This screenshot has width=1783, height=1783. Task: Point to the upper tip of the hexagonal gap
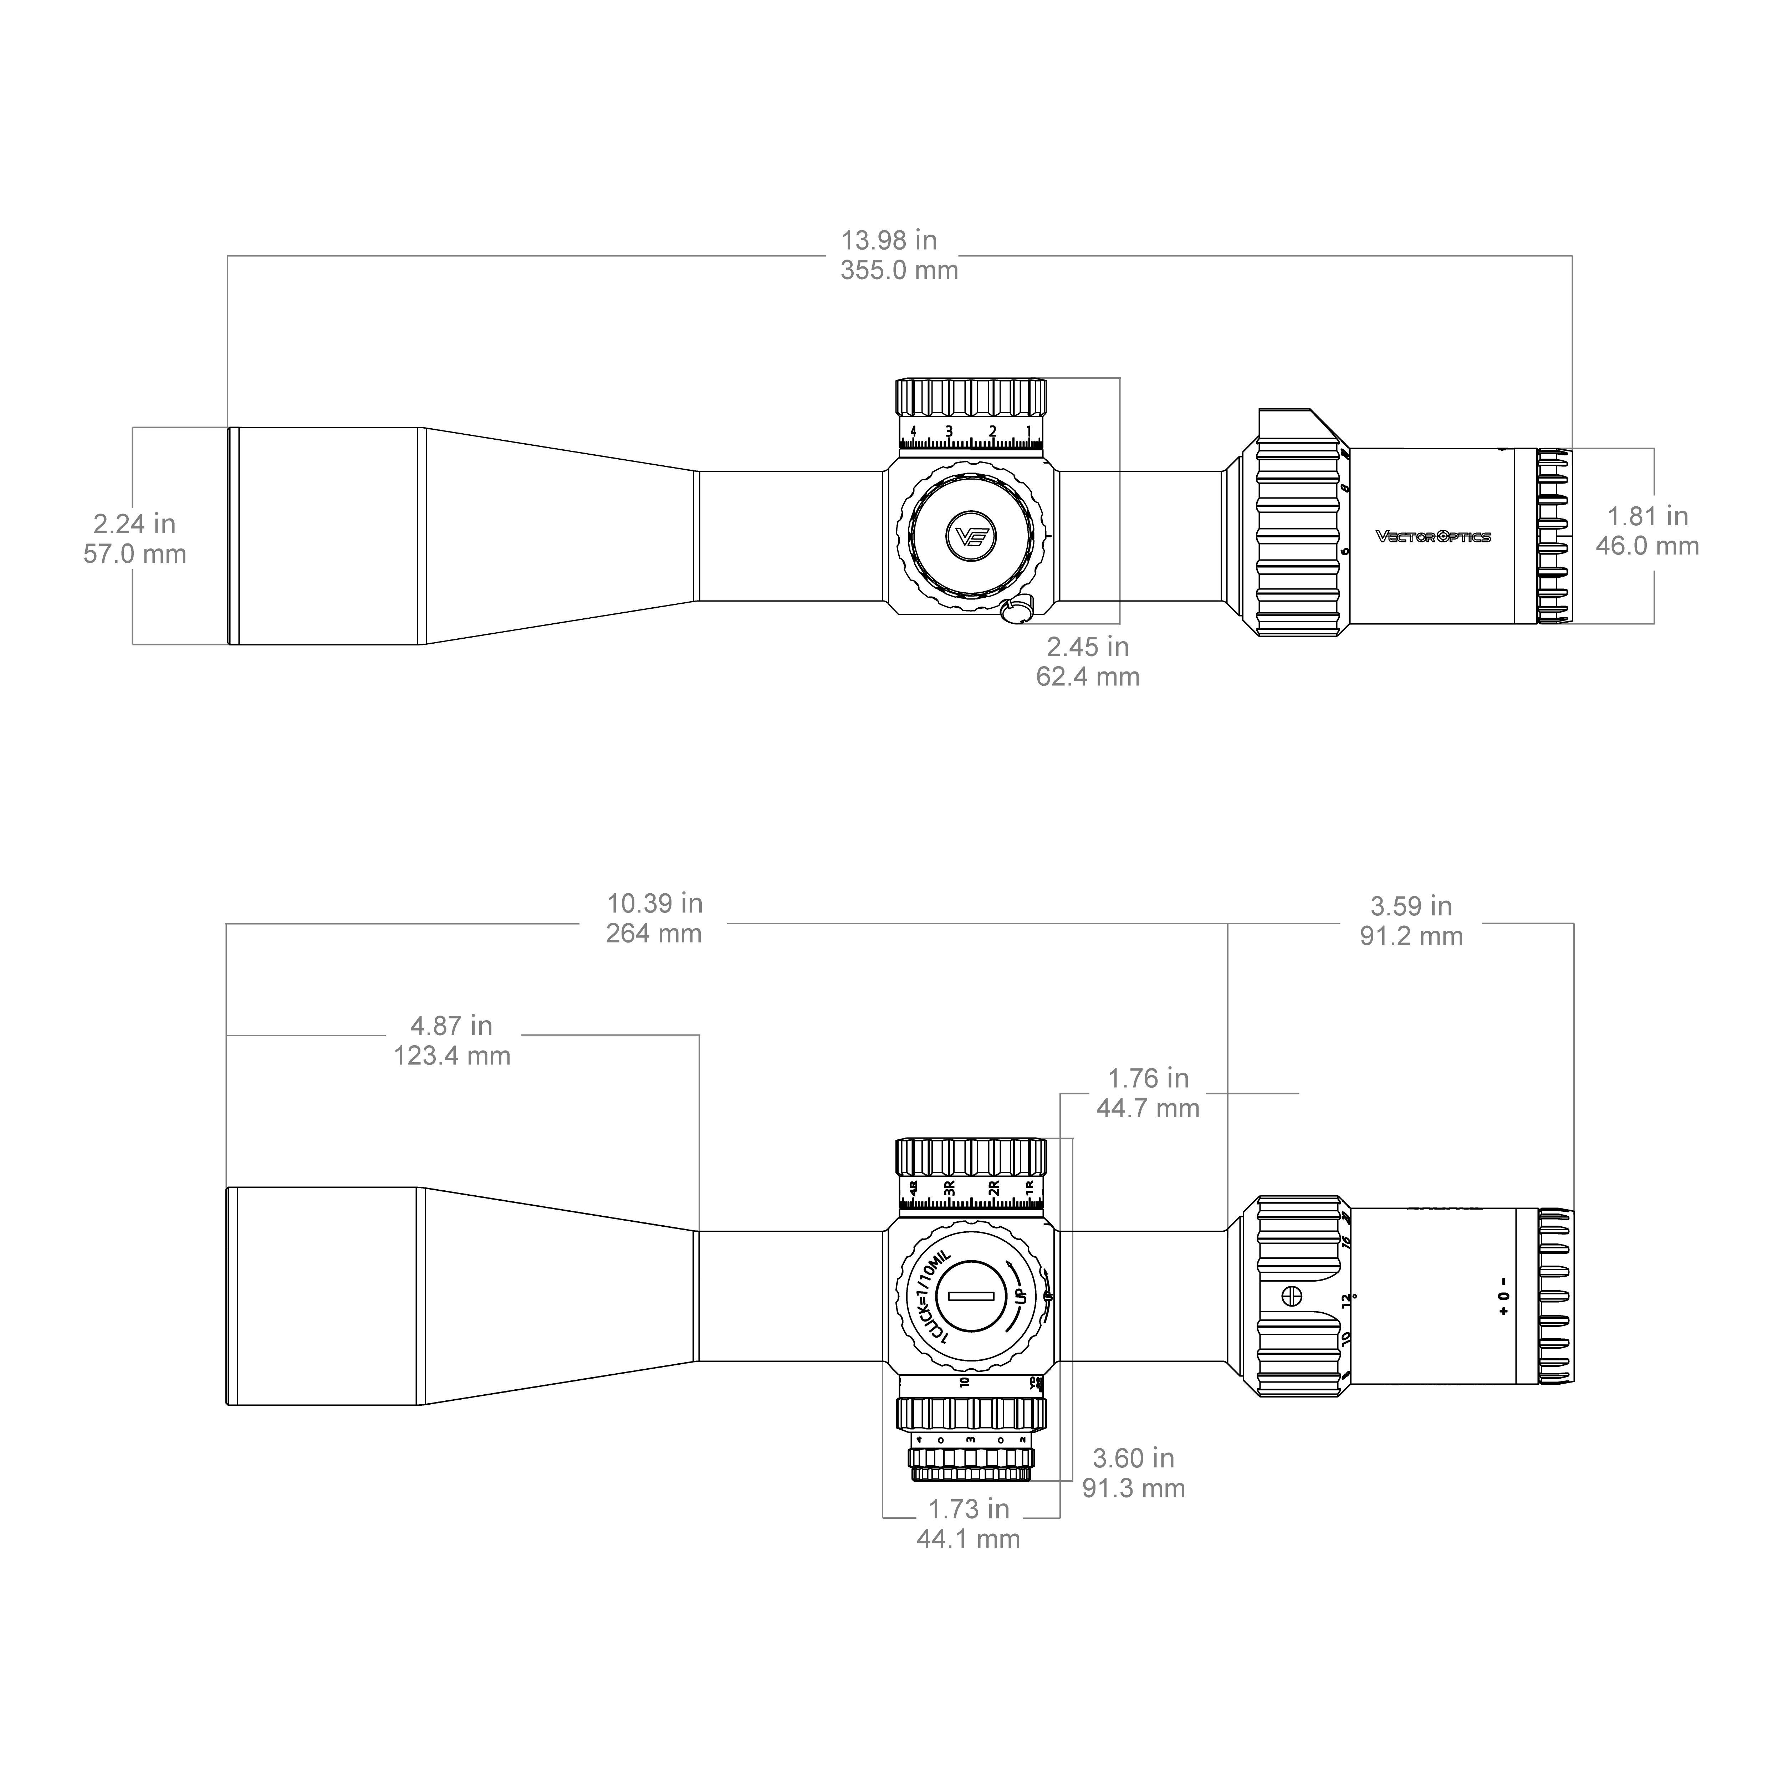[1121, 472]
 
